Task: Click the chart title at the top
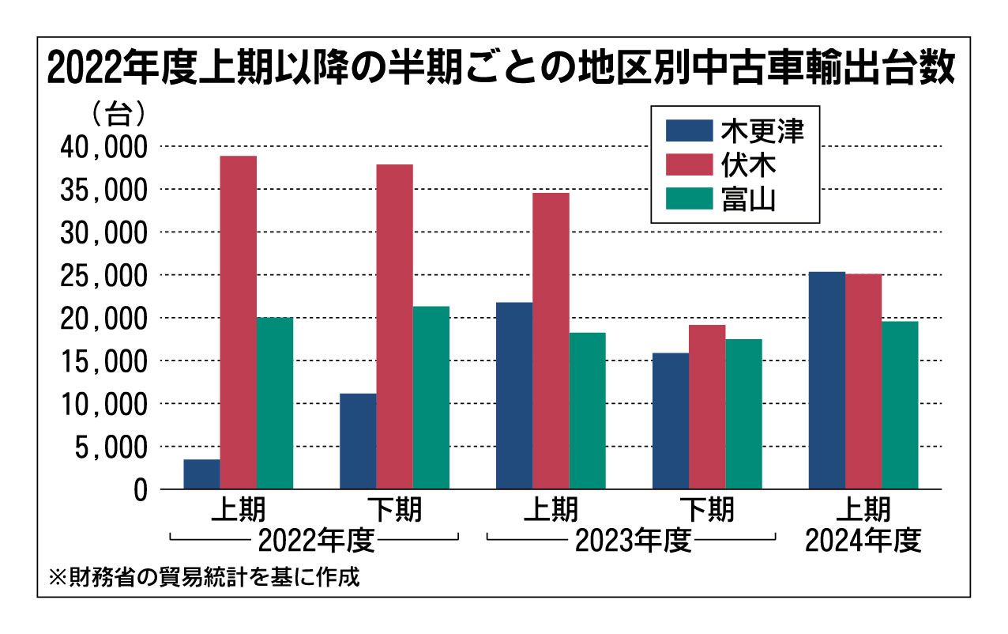click(502, 70)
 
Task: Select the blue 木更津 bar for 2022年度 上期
click(201, 474)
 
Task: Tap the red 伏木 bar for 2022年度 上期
click(238, 323)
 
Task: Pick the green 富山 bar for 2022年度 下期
click(431, 398)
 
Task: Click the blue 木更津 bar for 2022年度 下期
click(358, 441)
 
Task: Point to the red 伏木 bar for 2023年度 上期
click(551, 341)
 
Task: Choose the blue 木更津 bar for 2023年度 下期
click(671, 421)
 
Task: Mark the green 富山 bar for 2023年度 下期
click(744, 414)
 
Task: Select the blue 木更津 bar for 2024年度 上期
click(827, 380)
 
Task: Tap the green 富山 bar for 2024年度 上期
click(900, 405)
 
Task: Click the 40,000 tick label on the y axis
click(103, 147)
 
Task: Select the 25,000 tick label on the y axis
click(103, 276)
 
